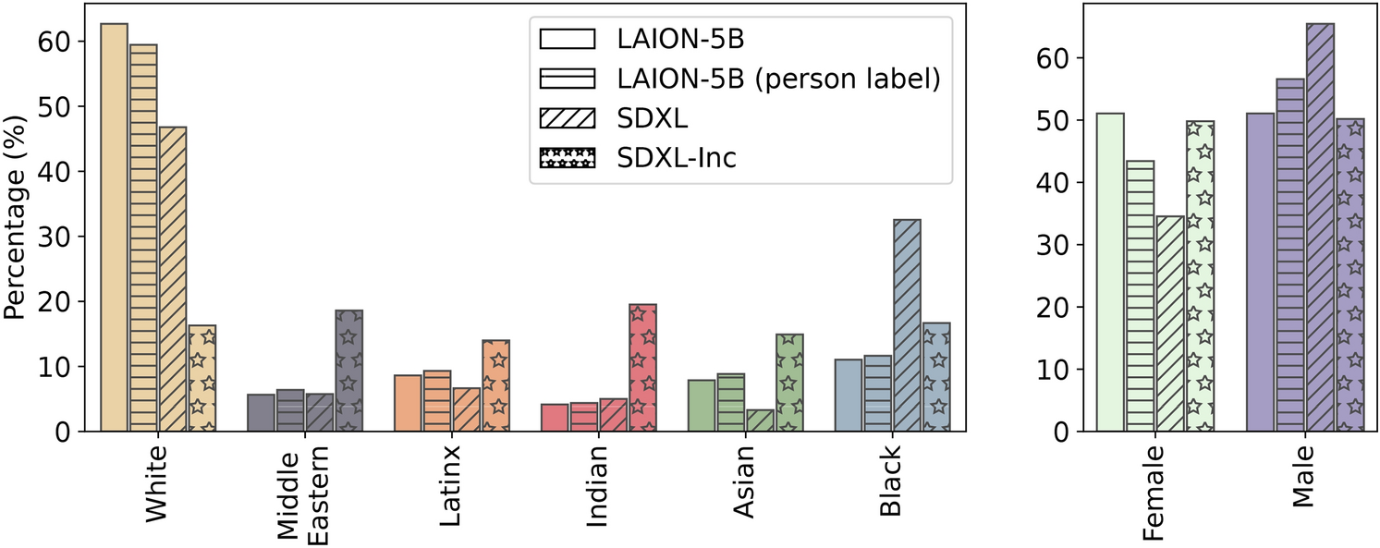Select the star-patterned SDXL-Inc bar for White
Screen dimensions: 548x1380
pyautogui.click(x=202, y=378)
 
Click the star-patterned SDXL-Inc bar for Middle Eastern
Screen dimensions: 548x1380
pyautogui.click(x=348, y=371)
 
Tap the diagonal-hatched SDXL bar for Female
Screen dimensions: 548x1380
pyautogui.click(x=1169, y=323)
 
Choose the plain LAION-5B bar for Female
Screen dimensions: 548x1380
pyautogui.click(x=1110, y=272)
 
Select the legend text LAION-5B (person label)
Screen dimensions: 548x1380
pyautogui.click(x=778, y=79)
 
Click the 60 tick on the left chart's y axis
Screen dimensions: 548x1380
pyautogui.click(x=52, y=42)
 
